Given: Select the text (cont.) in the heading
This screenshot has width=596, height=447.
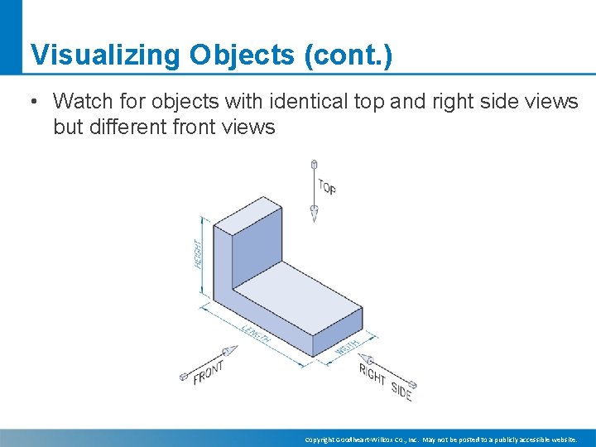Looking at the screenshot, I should [x=348, y=55].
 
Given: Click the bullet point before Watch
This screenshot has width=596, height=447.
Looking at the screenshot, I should [x=32, y=103].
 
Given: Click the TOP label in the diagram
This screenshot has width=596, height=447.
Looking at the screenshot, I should [x=327, y=187].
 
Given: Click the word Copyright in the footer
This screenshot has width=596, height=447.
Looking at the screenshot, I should [x=319, y=440].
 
